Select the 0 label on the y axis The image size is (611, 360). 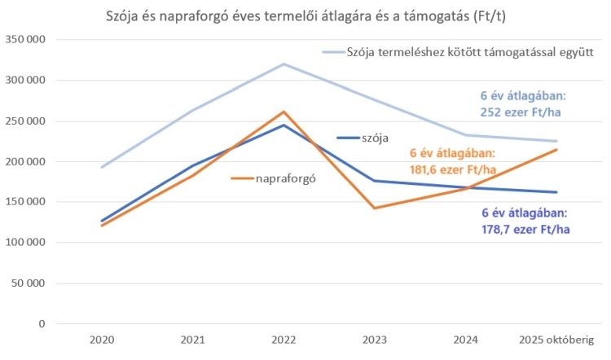(42, 324)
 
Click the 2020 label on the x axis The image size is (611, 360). (103, 340)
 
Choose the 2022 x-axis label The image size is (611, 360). (284, 340)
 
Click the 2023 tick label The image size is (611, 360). (374, 340)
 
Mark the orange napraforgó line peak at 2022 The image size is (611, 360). (284, 112)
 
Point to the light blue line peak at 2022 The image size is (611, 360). (284, 64)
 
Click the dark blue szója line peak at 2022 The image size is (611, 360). (284, 125)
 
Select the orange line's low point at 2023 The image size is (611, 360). (374, 209)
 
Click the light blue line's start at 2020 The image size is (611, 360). (103, 167)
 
